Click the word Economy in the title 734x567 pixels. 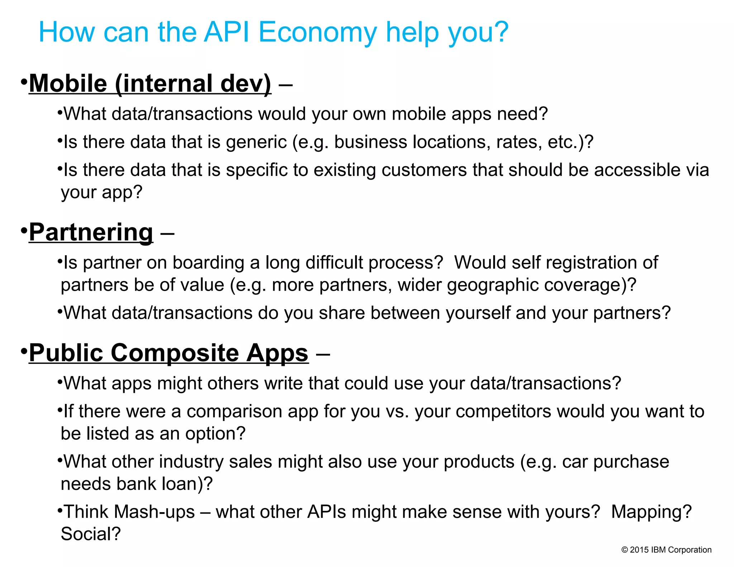(317, 32)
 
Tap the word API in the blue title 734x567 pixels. (226, 32)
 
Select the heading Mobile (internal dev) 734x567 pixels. (150, 84)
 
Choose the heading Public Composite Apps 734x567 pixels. (168, 353)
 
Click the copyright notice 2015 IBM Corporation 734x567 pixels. (666, 550)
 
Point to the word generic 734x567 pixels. (256, 142)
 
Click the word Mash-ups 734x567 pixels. (154, 512)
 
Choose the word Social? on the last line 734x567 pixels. (91, 534)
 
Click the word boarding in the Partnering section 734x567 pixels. (208, 262)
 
